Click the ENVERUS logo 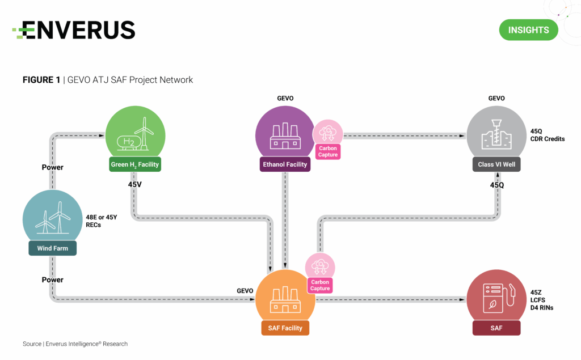tap(74, 29)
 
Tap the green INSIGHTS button tap(528, 29)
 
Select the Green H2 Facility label tap(135, 165)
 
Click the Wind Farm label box tap(52, 248)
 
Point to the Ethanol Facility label tap(285, 164)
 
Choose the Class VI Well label tap(496, 164)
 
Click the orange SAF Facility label tap(285, 328)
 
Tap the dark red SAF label tap(496, 328)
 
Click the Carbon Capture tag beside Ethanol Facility tap(327, 151)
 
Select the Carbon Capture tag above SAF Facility tap(320, 285)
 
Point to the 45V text tap(135, 184)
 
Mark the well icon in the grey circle tap(496, 134)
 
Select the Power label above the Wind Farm tap(52, 167)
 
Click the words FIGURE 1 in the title tap(41, 80)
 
